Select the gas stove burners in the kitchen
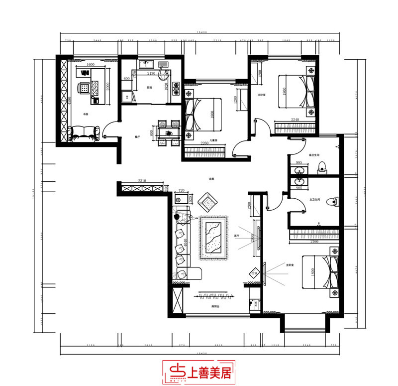pos(175,88)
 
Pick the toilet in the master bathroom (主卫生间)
pos(335,200)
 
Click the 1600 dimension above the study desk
pos(91,65)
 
